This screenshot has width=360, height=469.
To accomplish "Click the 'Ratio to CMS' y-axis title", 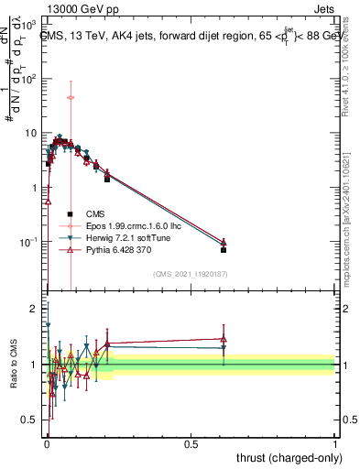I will point(13,365).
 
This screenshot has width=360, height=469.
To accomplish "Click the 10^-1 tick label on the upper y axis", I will point(31,242).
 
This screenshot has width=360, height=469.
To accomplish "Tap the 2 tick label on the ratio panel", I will point(35,308).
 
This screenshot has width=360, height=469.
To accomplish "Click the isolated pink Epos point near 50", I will point(71,97).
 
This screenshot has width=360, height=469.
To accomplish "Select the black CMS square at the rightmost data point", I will point(224,249).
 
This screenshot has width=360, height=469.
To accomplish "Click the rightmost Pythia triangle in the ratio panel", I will point(224,339).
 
